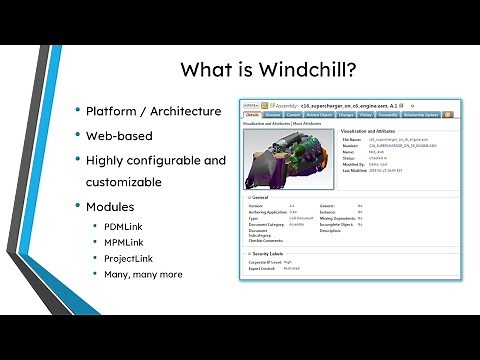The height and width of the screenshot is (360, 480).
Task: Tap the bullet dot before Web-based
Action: tap(76, 135)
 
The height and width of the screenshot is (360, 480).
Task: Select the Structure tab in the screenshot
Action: tap(272, 115)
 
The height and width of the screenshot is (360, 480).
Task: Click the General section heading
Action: tap(259, 197)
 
